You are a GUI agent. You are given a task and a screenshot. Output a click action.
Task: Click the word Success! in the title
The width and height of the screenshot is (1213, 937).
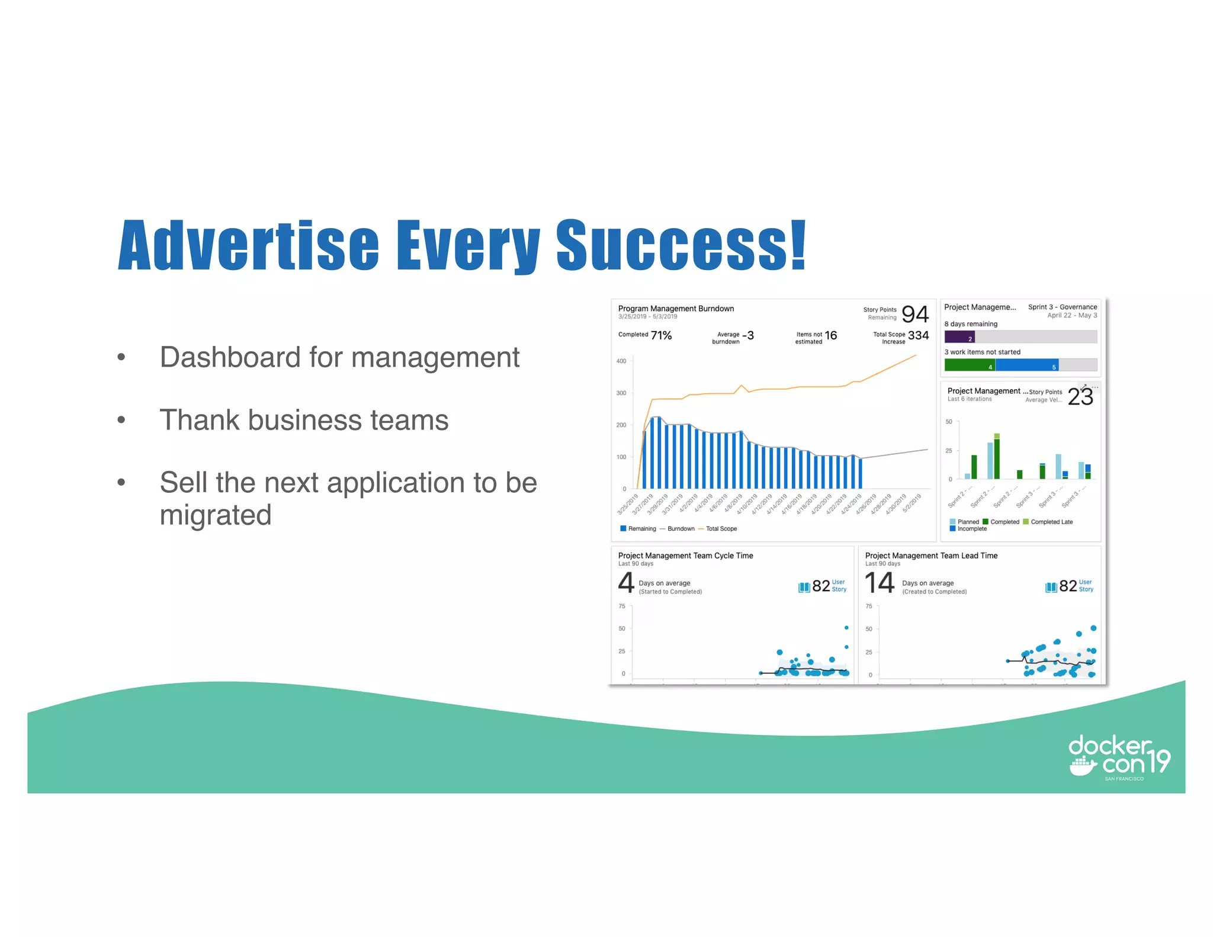pos(681,246)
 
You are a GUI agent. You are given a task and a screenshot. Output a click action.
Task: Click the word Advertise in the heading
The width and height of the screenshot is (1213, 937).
pos(249,246)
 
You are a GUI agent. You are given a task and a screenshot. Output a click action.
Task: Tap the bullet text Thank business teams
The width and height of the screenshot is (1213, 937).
pos(304,420)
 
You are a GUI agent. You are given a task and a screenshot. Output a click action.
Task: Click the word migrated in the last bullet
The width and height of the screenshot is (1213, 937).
pos(216,515)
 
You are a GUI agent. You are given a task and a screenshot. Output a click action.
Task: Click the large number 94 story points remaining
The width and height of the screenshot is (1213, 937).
pos(914,314)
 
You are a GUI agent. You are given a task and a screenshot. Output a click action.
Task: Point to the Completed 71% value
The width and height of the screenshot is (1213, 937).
pos(661,336)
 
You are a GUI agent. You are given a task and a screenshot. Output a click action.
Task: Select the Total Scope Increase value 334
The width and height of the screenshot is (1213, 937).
pos(918,336)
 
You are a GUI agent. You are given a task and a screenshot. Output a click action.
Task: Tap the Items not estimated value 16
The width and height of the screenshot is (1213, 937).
pos(830,336)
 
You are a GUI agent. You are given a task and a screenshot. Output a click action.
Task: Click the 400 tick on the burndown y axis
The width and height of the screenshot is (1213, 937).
pos(621,361)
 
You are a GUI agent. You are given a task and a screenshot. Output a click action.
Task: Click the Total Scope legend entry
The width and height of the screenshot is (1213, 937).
pos(721,529)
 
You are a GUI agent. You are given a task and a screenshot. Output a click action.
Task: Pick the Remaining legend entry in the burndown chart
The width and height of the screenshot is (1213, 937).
pos(641,529)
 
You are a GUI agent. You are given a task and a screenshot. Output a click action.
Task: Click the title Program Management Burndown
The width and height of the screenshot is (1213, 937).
pos(676,309)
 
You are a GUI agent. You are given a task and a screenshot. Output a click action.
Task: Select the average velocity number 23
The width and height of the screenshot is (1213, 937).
pos(1080,397)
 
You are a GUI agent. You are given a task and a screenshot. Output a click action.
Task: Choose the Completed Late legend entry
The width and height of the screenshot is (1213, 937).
pos(1051,522)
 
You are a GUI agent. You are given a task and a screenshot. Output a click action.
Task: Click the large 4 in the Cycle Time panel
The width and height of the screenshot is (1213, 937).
pos(626,583)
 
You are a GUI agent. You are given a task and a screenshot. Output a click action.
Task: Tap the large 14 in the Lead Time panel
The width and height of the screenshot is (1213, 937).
pos(880,583)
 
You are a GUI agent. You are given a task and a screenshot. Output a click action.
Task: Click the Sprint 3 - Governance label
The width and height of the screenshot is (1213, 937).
pos(1063,307)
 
